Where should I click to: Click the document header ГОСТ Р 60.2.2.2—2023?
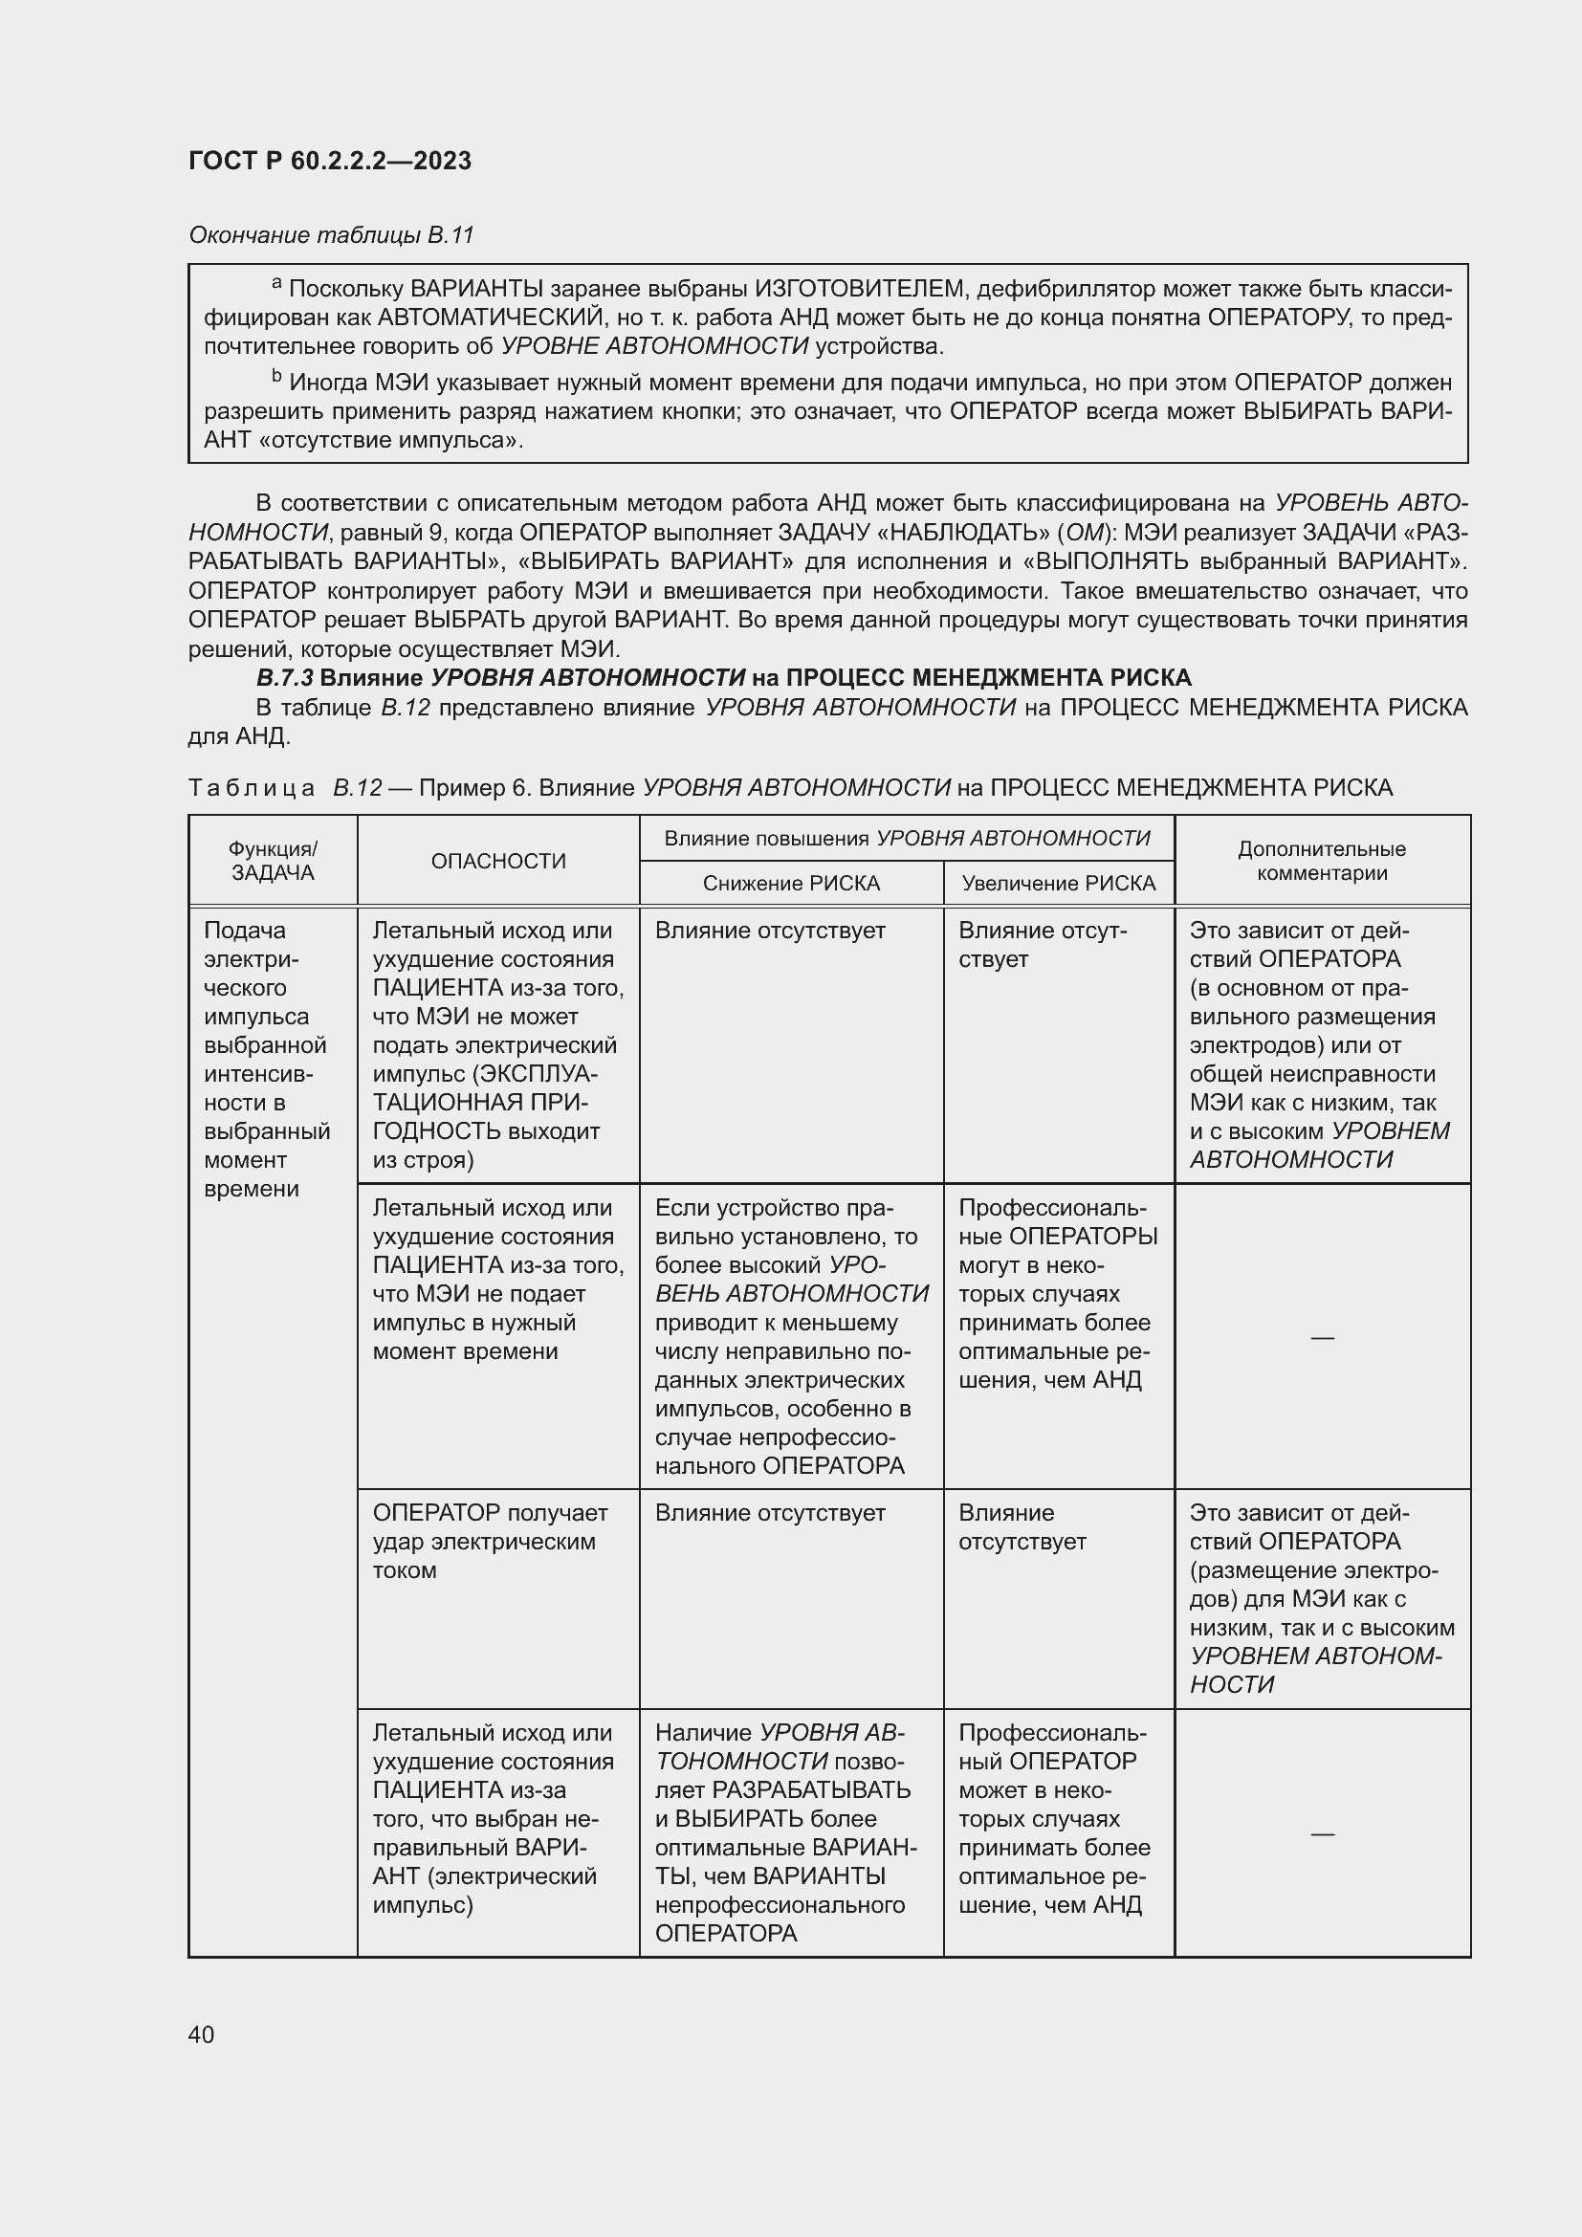tap(329, 161)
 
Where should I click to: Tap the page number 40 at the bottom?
tap(201, 2034)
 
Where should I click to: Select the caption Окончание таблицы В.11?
tap(330, 235)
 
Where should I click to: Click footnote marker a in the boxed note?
tap(276, 283)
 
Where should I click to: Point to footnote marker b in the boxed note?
tap(276, 376)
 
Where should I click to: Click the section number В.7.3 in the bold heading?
tap(284, 677)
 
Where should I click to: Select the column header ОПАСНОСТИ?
tap(497, 862)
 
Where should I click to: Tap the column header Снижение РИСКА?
tap(791, 884)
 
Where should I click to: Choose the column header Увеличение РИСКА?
tap(1058, 884)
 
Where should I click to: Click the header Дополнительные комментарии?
tap(1321, 862)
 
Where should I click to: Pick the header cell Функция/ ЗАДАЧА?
tap(273, 862)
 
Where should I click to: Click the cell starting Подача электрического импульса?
tap(267, 1059)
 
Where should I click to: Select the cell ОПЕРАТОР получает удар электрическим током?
tap(489, 1541)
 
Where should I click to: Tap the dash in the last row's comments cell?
tap(1321, 1833)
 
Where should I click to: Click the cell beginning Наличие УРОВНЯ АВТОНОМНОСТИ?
tap(784, 1831)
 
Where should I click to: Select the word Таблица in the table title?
tap(251, 787)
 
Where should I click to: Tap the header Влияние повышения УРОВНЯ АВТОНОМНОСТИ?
tap(906, 838)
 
